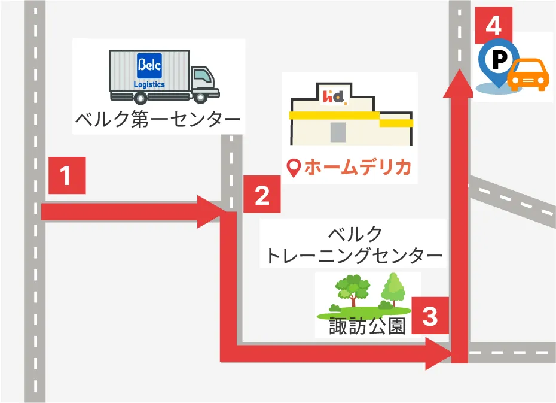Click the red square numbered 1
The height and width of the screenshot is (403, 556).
tap(66, 175)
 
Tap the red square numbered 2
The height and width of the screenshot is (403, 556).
tap(261, 195)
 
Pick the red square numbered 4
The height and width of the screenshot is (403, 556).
tap(494, 25)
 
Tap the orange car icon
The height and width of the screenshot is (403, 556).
tap(527, 75)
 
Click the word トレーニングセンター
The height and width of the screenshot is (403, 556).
tap(354, 256)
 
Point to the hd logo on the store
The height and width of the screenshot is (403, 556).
tap(334, 95)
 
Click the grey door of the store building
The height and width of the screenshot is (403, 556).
tap(338, 131)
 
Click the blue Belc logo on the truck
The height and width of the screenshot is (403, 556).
tap(149, 64)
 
